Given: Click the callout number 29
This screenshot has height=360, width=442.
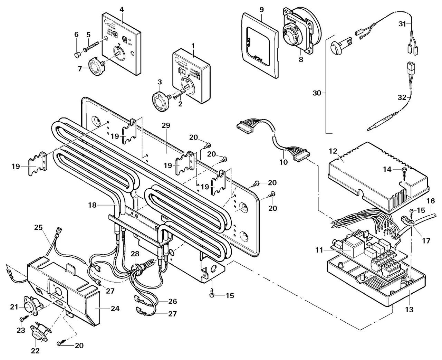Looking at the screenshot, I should [x=165, y=126].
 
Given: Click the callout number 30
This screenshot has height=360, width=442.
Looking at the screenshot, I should [x=317, y=93].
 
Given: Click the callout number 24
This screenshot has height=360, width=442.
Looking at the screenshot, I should [x=115, y=308].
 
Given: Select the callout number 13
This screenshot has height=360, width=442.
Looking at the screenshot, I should [x=409, y=310].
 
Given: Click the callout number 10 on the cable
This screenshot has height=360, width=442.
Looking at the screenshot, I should [x=284, y=161].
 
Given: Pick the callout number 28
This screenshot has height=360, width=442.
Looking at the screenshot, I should [x=134, y=254].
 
